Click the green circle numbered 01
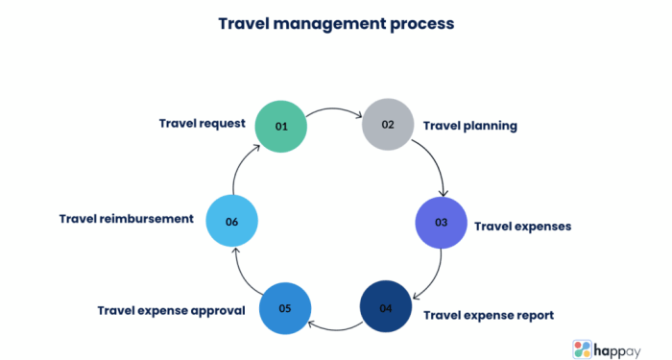[x=281, y=126]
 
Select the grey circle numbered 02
[x=387, y=125]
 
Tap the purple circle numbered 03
[x=441, y=223]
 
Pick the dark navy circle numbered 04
[x=385, y=307]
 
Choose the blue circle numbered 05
[x=284, y=309]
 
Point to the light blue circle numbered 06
[x=231, y=221]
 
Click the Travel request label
[x=203, y=124]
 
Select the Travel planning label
[x=470, y=126]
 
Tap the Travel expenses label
[x=522, y=227]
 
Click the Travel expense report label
[x=489, y=314]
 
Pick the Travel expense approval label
[x=172, y=310]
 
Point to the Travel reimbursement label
[x=126, y=219]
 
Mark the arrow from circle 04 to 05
[x=334, y=327]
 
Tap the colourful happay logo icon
[x=585, y=347]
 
